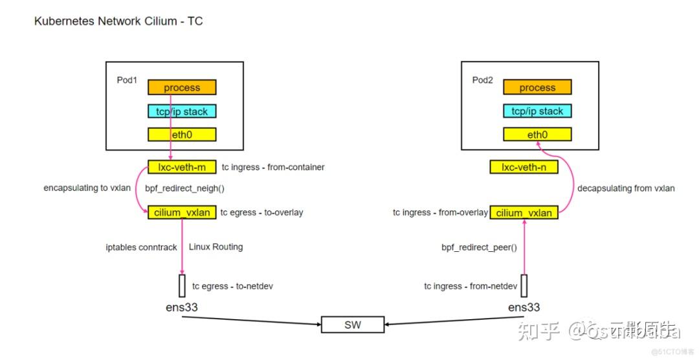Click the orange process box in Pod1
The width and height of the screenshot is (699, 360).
(182, 87)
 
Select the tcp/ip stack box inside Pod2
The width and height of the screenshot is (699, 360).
(537, 111)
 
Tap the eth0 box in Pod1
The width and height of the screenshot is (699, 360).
(182, 135)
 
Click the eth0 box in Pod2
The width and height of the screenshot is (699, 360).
(537, 135)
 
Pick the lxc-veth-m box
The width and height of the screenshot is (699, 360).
(182, 167)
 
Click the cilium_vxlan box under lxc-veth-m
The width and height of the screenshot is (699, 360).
(182, 212)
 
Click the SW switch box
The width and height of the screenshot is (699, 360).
(353, 324)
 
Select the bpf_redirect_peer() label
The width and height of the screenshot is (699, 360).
(479, 247)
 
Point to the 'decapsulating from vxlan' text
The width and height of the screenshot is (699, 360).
(626, 188)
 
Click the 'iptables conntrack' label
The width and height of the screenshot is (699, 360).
(141, 247)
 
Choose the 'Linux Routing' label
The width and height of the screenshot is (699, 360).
(216, 247)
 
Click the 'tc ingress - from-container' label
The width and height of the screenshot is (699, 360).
(273, 167)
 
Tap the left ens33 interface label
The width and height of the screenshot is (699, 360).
(181, 307)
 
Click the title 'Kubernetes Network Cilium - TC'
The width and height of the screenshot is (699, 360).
(118, 21)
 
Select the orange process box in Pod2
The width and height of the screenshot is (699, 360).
(537, 87)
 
